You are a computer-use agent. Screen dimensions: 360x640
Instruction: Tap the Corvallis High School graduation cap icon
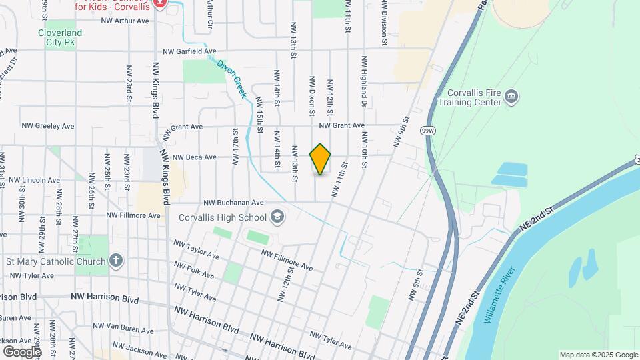click(277, 217)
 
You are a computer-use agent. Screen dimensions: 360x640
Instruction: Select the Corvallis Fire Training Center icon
click(511, 97)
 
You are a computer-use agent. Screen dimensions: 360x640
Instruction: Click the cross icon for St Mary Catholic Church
click(116, 261)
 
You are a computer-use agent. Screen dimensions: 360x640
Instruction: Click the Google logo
click(22, 351)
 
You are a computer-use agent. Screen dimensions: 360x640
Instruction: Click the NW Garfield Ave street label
click(190, 51)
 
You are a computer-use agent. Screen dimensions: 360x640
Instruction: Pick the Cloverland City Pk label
click(60, 37)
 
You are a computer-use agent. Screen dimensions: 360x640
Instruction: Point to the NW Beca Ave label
click(195, 157)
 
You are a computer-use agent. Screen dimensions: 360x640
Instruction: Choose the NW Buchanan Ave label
click(234, 202)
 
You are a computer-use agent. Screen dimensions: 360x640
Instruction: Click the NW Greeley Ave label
click(48, 125)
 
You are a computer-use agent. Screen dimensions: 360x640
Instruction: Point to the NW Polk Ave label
click(194, 271)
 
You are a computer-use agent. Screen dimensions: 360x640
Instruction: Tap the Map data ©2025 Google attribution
click(598, 355)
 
